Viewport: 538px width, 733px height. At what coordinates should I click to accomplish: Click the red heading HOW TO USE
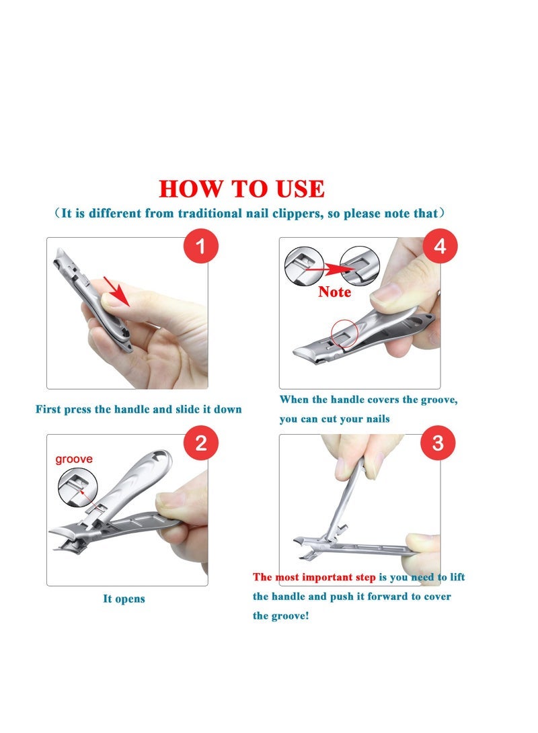click(241, 189)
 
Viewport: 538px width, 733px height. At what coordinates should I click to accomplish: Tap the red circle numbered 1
click(200, 246)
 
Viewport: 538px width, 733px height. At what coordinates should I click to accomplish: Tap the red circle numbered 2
click(200, 443)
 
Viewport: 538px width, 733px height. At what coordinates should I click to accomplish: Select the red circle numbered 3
click(438, 443)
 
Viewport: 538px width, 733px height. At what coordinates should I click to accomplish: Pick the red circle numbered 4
click(440, 246)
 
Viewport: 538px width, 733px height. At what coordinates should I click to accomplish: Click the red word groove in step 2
click(73, 460)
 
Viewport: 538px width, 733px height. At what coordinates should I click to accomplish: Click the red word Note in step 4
click(334, 292)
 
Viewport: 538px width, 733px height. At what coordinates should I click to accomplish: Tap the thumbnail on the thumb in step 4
click(388, 294)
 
